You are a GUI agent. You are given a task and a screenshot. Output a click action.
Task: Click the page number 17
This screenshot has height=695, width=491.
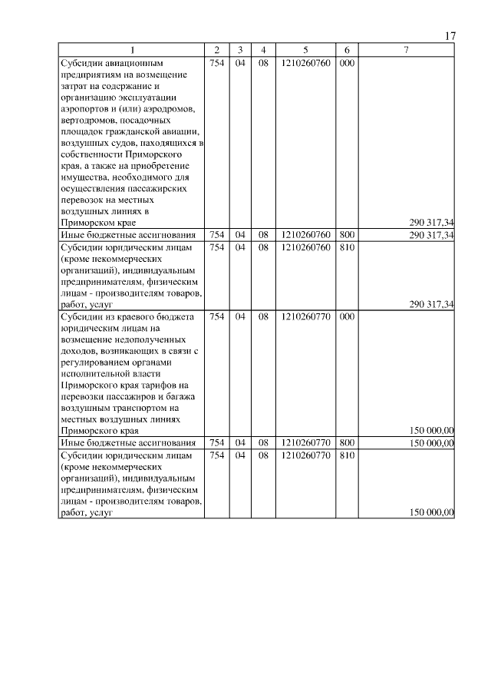450,36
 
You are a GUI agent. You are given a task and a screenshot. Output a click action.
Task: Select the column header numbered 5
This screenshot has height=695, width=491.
305,51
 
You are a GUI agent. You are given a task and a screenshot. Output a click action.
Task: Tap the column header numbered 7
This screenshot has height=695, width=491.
406,51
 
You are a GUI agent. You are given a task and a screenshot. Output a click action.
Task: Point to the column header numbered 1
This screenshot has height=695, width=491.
131,51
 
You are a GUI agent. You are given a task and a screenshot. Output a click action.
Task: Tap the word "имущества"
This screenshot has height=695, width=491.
85,177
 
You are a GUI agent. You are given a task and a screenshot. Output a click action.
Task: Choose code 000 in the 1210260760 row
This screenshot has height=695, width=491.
346,63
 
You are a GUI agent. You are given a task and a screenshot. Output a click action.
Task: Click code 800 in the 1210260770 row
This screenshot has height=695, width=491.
346,442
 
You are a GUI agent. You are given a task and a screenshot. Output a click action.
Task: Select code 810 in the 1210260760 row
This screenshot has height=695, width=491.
346,247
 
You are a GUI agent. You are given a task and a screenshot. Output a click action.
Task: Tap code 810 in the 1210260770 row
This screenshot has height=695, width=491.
346,455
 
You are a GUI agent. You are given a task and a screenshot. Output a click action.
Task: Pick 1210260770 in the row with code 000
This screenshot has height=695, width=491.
305,316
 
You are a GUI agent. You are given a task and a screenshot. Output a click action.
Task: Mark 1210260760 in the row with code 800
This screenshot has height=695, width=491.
305,234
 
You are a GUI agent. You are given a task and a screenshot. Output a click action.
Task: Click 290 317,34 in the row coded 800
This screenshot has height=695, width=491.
432,234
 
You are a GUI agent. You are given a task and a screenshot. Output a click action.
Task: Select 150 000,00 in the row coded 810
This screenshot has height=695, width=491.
432,513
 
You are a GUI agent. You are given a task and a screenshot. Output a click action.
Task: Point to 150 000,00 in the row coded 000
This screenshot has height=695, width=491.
432,431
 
